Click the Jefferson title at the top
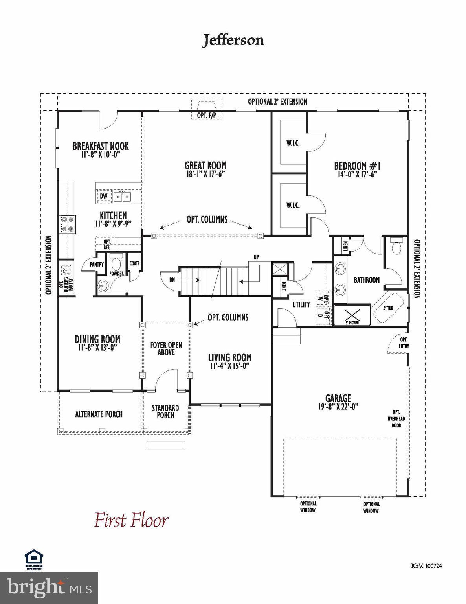233,40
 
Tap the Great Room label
205,166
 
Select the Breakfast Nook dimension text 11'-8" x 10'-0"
100,155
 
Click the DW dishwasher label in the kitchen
103,196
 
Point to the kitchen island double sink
123,196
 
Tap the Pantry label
97,265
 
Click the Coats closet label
134,264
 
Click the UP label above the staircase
256,257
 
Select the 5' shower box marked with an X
352,315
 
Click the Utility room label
301,304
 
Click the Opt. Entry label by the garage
404,343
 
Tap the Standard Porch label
165,412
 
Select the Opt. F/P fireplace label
206,115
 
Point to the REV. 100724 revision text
427,566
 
